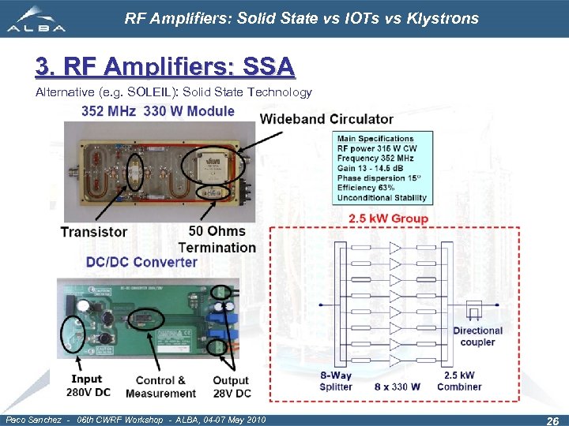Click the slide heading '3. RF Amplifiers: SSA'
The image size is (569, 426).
tap(165, 67)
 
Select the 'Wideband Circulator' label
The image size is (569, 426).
tap(326, 119)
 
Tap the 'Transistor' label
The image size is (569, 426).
tap(94, 231)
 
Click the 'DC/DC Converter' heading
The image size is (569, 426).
tap(141, 262)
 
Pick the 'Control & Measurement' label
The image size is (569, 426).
tap(160, 387)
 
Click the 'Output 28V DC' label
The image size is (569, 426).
tap(231, 387)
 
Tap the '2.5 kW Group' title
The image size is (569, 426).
tap(387, 219)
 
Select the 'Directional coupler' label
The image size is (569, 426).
tap(477, 336)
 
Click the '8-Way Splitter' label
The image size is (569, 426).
tap(337, 380)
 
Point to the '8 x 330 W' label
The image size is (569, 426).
tap(400, 387)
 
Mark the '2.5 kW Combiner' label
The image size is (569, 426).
tap(459, 380)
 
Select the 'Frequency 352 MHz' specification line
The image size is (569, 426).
tap(377, 159)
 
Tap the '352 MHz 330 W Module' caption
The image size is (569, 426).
tap(158, 111)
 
